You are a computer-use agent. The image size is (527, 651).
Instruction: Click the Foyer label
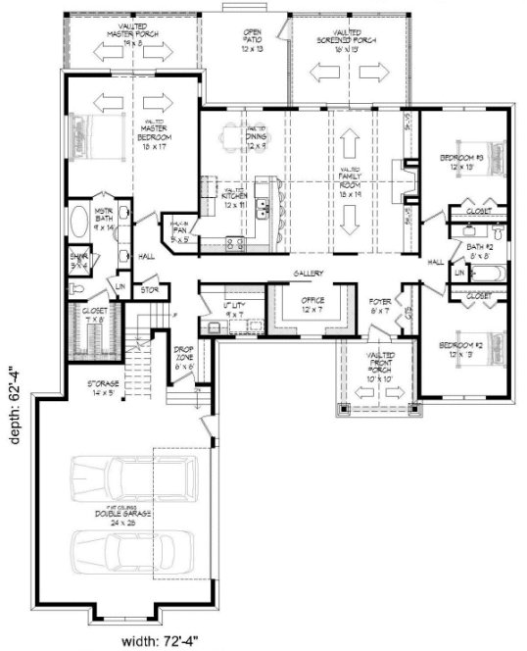pyautogui.click(x=380, y=305)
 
